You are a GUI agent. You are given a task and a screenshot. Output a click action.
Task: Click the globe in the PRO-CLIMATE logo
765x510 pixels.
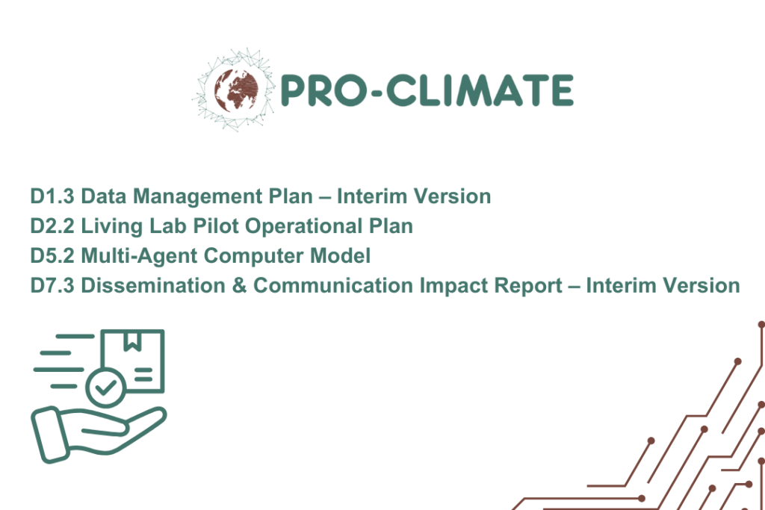point(235,90)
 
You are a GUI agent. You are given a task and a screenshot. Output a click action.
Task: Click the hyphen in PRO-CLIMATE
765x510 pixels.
point(375,90)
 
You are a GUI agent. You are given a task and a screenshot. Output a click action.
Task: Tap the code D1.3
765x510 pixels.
point(52,196)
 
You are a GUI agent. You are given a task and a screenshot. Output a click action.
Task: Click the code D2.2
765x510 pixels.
point(52,226)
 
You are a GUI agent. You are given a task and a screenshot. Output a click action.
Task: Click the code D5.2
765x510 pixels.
point(52,256)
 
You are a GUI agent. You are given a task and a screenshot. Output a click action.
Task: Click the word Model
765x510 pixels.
point(341,256)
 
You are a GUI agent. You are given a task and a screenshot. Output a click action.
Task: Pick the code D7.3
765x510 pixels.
point(52,286)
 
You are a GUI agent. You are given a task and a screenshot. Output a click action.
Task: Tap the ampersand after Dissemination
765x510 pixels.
point(240,286)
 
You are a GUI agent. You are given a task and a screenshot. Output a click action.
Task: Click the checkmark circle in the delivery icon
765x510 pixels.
point(105,388)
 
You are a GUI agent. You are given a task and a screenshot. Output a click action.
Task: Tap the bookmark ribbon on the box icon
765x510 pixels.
point(132,340)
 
